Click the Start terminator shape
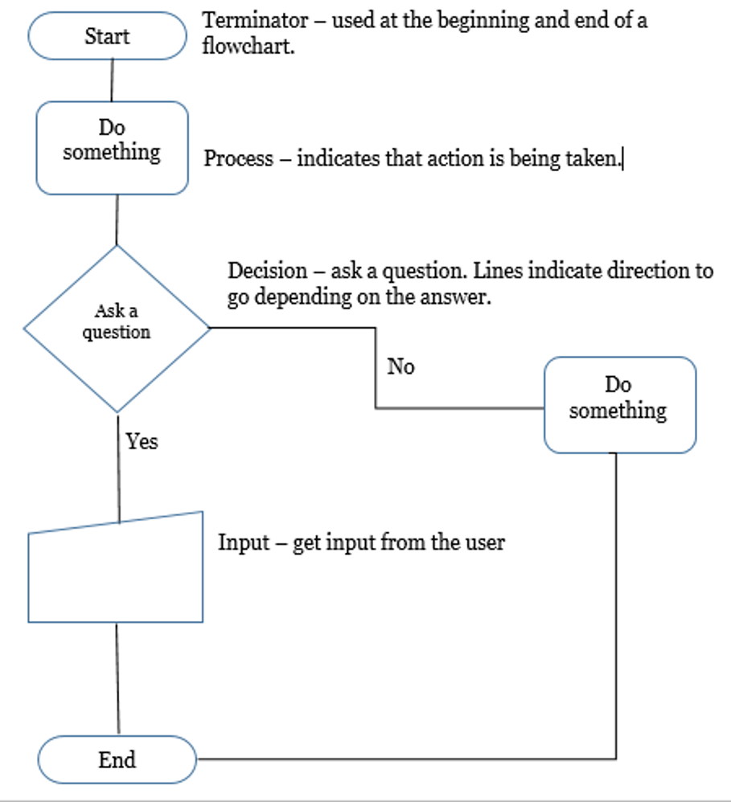pos(107,36)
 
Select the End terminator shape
pos(117,759)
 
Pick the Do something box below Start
pos(112,147)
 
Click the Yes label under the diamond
pos(142,441)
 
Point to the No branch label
pos(400,367)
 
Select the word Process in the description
pos(238,158)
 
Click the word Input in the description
pos(243,542)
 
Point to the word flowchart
pos(247,47)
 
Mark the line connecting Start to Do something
pos(112,80)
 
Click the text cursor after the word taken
pos(623,158)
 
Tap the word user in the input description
pos(485,542)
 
